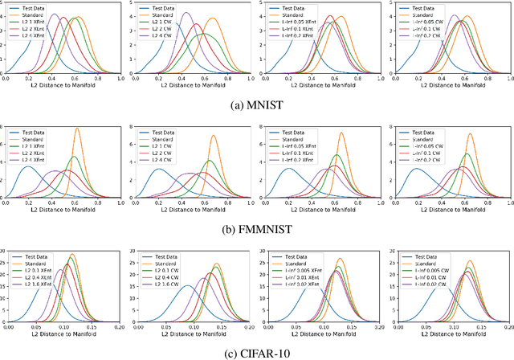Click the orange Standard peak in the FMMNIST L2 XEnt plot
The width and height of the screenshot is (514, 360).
tap(78, 129)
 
